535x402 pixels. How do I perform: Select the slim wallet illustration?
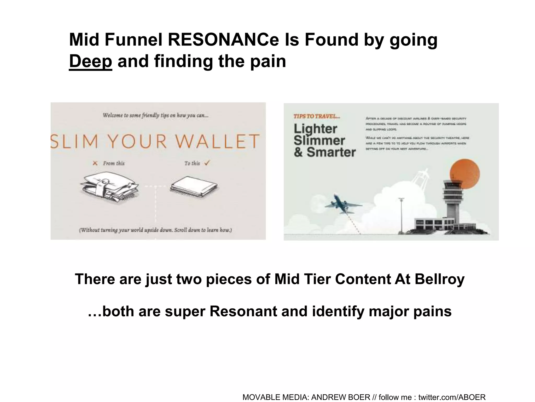click(x=194, y=187)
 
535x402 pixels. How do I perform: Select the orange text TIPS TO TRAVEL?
click(x=317, y=116)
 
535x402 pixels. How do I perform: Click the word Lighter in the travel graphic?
click(x=316, y=129)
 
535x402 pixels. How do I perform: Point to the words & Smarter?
click(x=325, y=152)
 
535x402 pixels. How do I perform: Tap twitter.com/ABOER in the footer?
click(x=452, y=397)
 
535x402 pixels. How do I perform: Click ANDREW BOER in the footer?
click(x=341, y=397)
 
